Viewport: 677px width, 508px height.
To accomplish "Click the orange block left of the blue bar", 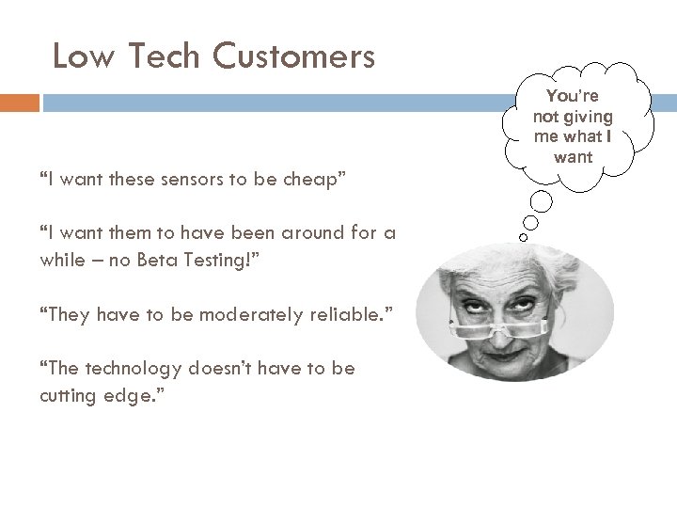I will [x=20, y=103].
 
